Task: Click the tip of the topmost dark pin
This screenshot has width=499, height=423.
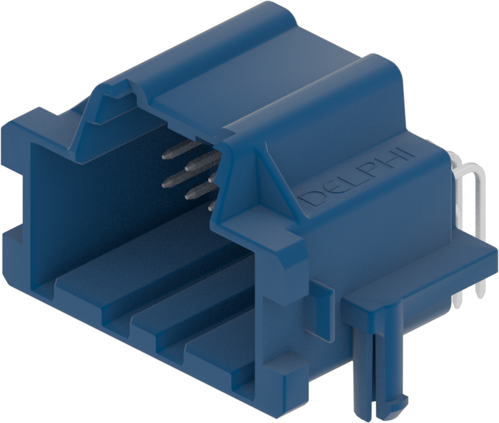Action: pyautogui.click(x=164, y=157)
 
